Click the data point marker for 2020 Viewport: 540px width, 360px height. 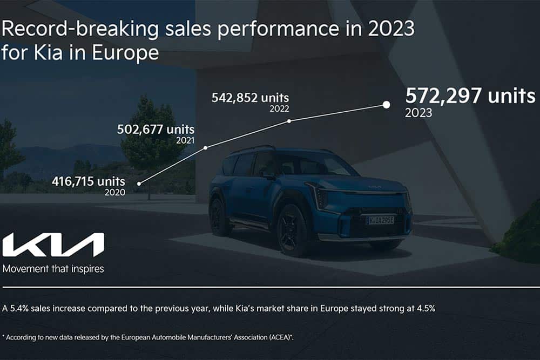click(x=139, y=184)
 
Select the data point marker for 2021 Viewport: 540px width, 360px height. click(x=206, y=147)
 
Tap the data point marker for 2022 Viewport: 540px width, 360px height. click(x=289, y=121)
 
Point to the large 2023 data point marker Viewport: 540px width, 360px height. click(x=386, y=105)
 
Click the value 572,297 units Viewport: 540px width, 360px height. click(x=470, y=97)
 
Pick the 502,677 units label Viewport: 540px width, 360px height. click(x=156, y=130)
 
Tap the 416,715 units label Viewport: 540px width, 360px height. click(x=89, y=181)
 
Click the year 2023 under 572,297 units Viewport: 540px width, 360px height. click(x=418, y=113)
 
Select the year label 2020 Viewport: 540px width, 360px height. click(x=115, y=192)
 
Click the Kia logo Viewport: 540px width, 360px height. click(x=53, y=245)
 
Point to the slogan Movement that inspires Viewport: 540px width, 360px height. click(x=53, y=268)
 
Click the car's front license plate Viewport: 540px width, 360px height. click(x=380, y=220)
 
